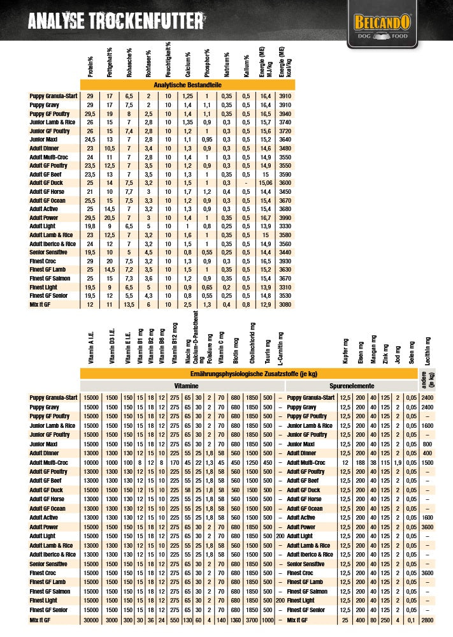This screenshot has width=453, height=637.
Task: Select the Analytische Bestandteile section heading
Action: (x=187, y=84)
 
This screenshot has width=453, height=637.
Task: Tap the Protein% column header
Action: (x=90, y=63)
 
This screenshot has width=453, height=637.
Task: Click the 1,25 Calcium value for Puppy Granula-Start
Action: (x=187, y=96)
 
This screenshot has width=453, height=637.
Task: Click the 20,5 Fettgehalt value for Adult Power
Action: (x=110, y=217)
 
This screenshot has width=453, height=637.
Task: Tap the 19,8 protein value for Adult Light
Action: (x=90, y=226)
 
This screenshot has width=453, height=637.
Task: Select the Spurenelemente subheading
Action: (x=351, y=386)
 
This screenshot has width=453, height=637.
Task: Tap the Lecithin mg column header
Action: (x=428, y=350)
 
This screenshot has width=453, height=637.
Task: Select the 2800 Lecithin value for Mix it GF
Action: (x=428, y=620)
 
